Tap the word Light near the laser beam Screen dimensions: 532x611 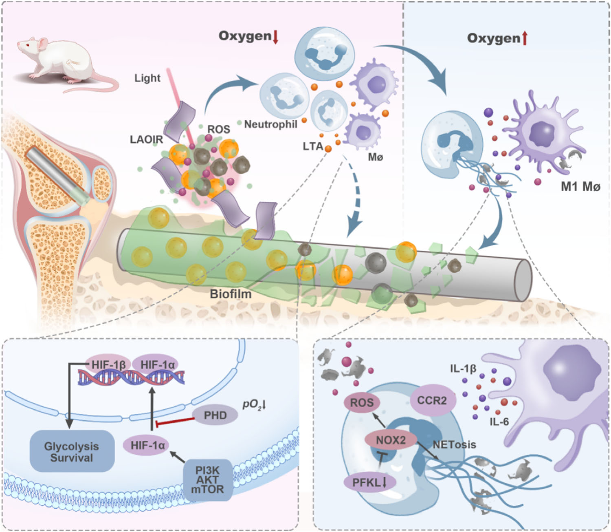[x=147, y=78]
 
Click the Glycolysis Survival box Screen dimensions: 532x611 [x=72, y=452]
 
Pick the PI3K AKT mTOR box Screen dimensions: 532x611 [x=207, y=480]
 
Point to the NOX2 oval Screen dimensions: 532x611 [x=391, y=440]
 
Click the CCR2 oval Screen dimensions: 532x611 [x=432, y=401]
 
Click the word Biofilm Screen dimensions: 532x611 [x=231, y=294]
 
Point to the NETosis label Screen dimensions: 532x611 [x=454, y=444]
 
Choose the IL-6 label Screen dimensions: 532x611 [x=499, y=422]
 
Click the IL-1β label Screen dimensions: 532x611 [x=463, y=369]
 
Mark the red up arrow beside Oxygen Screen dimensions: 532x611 [x=524, y=39]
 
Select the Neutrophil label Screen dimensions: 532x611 [x=270, y=124]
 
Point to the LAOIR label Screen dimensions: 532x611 [x=146, y=139]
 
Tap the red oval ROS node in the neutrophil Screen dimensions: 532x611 [x=362, y=403]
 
